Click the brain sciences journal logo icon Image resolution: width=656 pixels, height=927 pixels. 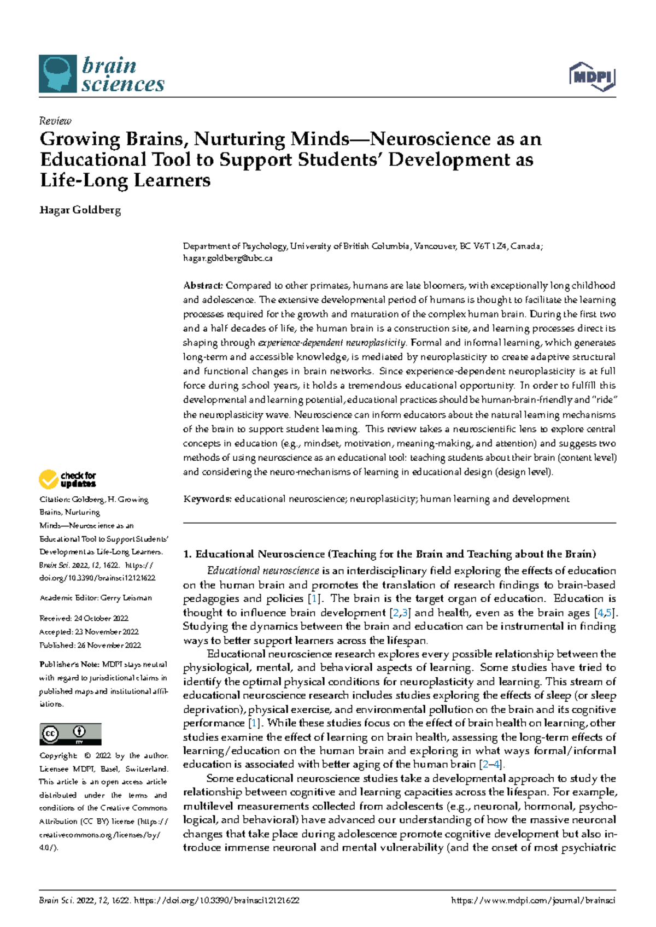pos(57,74)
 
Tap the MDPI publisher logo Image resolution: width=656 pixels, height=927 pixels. pos(593,76)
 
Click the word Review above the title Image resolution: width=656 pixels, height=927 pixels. pos(55,121)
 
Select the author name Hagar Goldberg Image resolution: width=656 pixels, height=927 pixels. pos(80,210)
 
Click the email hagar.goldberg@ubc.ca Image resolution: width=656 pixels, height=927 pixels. pos(227,259)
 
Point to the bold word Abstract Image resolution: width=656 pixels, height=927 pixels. pos(203,285)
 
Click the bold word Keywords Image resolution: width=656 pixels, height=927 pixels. pos(207,499)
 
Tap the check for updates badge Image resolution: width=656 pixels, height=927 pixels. pos(67,479)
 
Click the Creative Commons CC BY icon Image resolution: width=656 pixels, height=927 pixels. pos(71,734)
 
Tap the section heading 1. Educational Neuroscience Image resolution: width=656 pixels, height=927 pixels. pos(389,554)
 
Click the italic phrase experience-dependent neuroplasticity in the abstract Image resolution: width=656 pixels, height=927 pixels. pos(332,343)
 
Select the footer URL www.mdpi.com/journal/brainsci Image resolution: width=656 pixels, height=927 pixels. pos(533,901)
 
